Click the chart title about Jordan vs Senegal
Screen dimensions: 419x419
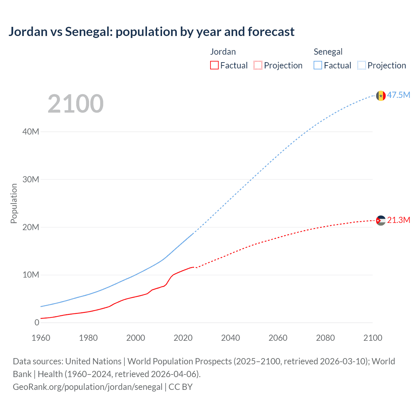(x=151, y=32)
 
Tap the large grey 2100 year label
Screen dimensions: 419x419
(x=76, y=104)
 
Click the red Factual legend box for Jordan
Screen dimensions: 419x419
(x=214, y=65)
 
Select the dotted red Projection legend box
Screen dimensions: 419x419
(x=258, y=65)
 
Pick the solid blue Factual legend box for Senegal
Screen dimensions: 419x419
(x=318, y=65)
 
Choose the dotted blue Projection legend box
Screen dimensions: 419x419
(x=361, y=65)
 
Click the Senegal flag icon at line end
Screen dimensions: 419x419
(x=381, y=96)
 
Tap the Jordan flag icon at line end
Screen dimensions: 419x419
(x=381, y=221)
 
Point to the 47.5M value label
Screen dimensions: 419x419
(x=398, y=95)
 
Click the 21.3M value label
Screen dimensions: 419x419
(x=398, y=220)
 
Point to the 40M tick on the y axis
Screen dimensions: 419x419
(x=31, y=132)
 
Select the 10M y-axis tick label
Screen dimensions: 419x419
(x=31, y=275)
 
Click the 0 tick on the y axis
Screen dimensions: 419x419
(x=37, y=322)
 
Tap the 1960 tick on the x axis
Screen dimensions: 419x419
(x=41, y=338)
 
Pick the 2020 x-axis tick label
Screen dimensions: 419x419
(x=183, y=338)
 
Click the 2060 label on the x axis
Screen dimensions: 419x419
(x=278, y=338)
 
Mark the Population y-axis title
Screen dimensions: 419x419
(x=14, y=203)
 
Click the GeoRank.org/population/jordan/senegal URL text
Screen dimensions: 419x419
(x=87, y=387)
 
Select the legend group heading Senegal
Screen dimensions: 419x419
(x=328, y=52)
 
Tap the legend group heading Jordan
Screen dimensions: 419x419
(x=223, y=52)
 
